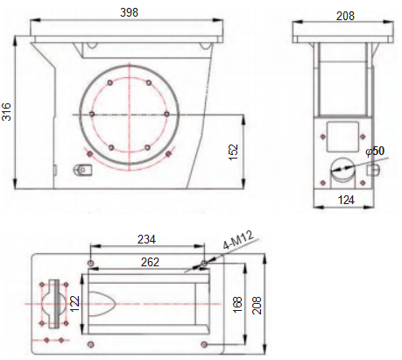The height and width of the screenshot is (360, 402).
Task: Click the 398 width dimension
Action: pos(129,12)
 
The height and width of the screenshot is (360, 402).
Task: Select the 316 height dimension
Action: pos(6,112)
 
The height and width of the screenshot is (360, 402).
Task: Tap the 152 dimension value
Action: pos(234,152)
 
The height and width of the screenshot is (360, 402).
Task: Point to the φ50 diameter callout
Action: pos(375,151)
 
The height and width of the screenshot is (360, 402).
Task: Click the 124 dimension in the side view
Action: pos(346,200)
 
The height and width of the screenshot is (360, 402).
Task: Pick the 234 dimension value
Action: pos(146,239)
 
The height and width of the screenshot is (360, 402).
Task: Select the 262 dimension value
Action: pos(150,262)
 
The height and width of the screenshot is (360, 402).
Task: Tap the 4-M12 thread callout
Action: pos(238,240)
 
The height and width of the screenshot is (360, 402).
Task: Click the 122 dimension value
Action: pos(75,304)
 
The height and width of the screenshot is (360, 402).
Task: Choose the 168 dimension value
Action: pos(237,305)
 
